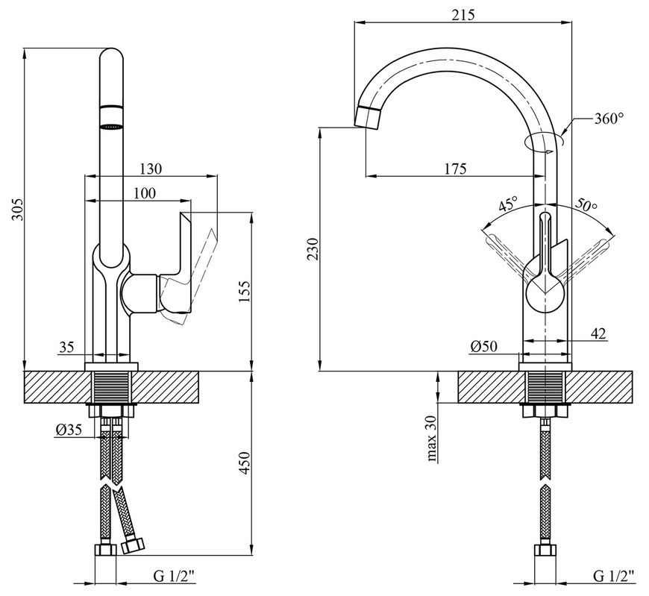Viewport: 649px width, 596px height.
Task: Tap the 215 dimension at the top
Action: (x=463, y=14)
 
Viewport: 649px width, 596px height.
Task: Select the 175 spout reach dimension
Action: (x=455, y=169)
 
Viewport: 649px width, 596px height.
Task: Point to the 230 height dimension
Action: (x=313, y=248)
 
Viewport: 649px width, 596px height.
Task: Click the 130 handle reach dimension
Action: (x=151, y=169)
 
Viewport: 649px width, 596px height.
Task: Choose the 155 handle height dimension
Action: (x=244, y=292)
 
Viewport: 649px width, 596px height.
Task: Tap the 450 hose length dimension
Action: (x=244, y=463)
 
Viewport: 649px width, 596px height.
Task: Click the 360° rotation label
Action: (x=609, y=119)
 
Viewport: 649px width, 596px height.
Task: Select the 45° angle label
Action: (x=508, y=204)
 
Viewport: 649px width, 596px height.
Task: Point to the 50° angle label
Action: (x=586, y=204)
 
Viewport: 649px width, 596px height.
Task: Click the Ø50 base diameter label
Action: (x=484, y=346)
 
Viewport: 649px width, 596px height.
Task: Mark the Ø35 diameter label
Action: (x=69, y=430)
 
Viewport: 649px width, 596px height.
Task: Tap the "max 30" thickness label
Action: (x=432, y=439)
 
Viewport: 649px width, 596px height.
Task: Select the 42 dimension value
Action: (x=598, y=333)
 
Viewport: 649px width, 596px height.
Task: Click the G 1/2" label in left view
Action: (x=174, y=576)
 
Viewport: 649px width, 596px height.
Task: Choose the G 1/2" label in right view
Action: (x=613, y=576)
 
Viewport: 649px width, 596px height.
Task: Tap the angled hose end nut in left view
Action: (x=133, y=545)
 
